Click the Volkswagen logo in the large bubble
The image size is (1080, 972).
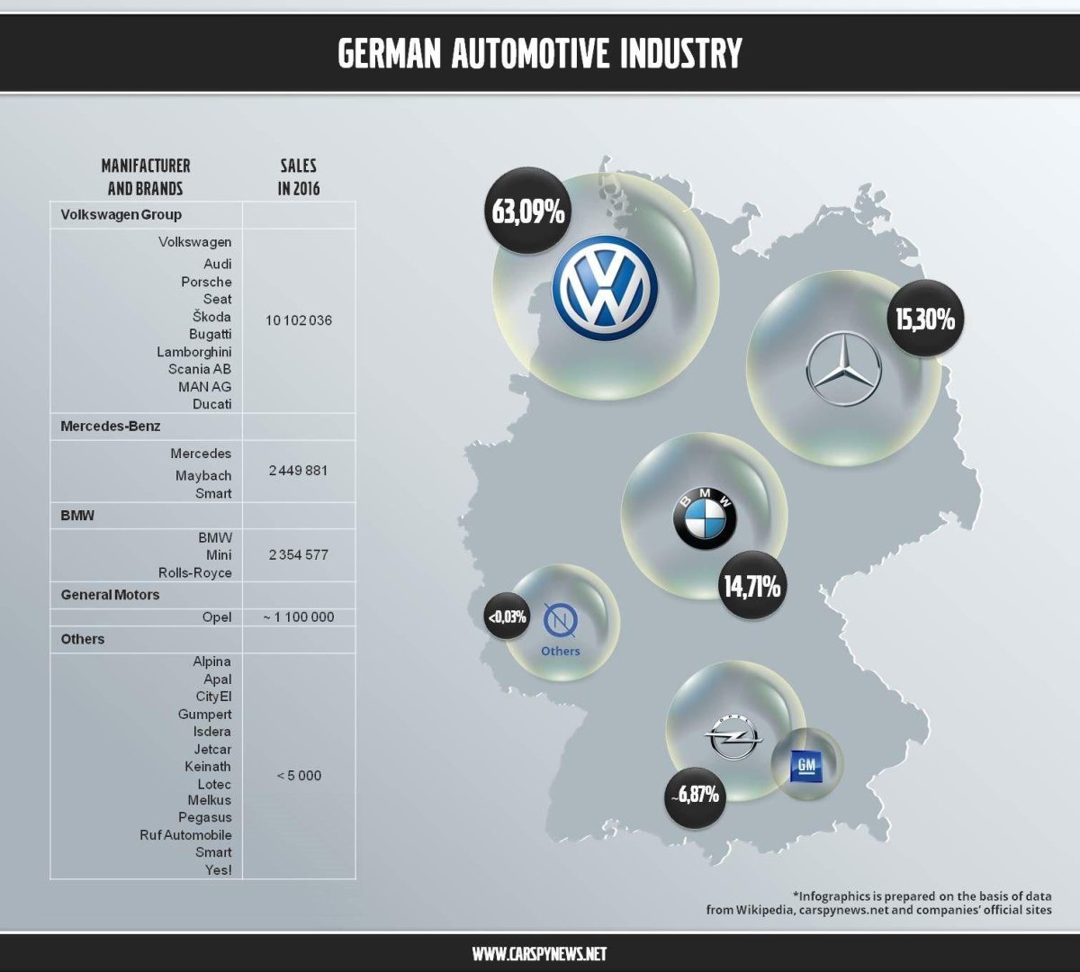coord(605,288)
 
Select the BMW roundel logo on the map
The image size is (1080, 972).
coord(706,519)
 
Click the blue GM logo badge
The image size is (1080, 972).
coord(806,765)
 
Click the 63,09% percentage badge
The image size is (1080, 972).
coord(528,212)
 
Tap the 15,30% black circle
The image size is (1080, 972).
coord(924,319)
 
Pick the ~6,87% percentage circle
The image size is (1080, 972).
coord(694,795)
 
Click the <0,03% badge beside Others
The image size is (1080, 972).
coord(506,617)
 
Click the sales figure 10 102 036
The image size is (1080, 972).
coord(299,320)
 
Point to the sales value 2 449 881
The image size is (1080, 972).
coord(299,471)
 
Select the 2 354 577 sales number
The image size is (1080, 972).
coord(299,555)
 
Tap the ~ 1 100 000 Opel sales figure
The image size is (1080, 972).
coord(299,617)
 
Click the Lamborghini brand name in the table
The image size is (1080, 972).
coord(193,352)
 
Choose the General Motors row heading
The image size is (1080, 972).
coord(110,595)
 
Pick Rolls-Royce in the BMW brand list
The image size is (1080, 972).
coord(195,573)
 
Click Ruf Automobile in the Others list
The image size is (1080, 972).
coord(185,835)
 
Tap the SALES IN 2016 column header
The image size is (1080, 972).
coord(299,176)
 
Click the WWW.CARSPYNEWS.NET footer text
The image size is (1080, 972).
coord(540,954)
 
